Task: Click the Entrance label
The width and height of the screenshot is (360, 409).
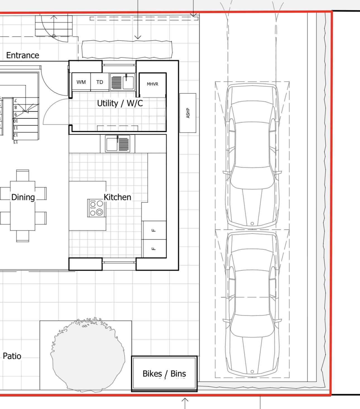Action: pyautogui.click(x=23, y=55)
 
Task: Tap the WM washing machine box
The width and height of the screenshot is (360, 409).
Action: pyautogui.click(x=81, y=82)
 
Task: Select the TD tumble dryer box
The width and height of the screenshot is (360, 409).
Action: pyautogui.click(x=100, y=82)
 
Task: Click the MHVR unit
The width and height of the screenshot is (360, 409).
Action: pyautogui.click(x=153, y=85)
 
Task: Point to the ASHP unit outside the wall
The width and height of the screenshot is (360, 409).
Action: pyautogui.click(x=188, y=113)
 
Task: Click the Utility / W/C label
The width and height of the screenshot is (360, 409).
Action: pyautogui.click(x=120, y=103)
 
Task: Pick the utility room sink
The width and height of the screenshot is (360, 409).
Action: pyautogui.click(x=123, y=82)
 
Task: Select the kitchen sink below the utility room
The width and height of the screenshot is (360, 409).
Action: pyautogui.click(x=117, y=144)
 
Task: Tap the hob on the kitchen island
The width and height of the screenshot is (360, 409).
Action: pyautogui.click(x=96, y=208)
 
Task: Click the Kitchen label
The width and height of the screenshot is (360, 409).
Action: pyautogui.click(x=117, y=197)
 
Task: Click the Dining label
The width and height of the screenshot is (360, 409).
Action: pyautogui.click(x=23, y=197)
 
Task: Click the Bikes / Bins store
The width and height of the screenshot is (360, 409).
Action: pyautogui.click(x=164, y=374)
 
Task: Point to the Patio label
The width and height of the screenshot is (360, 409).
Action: pyautogui.click(x=12, y=356)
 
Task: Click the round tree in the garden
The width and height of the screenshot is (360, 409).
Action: pyautogui.click(x=88, y=355)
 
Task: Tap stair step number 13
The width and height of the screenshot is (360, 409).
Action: pyautogui.click(x=16, y=142)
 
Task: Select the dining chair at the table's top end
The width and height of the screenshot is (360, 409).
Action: pyautogui.click(x=23, y=175)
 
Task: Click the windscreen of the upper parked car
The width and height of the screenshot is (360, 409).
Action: pyautogui.click(x=252, y=178)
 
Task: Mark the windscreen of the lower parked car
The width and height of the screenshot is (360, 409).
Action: pyautogui.click(x=252, y=326)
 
